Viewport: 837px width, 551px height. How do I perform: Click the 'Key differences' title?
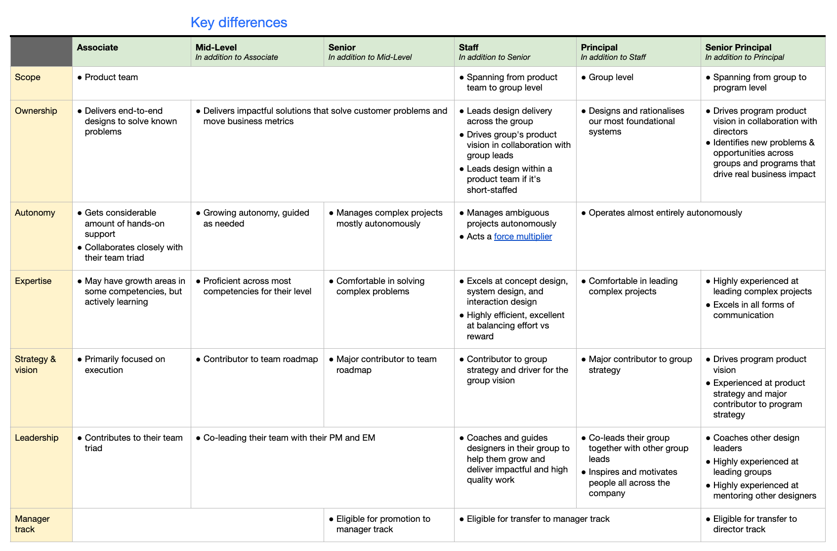click(239, 23)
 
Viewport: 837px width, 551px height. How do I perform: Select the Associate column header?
click(97, 47)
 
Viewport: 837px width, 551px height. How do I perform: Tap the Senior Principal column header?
click(738, 47)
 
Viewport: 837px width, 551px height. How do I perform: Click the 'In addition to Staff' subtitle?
click(613, 57)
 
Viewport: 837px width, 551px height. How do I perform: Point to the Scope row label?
click(28, 77)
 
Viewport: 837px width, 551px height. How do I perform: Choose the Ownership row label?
click(36, 111)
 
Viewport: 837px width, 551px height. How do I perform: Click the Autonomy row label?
click(35, 213)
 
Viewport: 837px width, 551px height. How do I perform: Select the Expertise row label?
click(33, 281)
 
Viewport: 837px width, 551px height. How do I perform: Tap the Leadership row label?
click(37, 438)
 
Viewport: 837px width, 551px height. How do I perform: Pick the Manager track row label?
click(32, 524)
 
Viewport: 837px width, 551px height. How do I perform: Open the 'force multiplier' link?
click(523, 236)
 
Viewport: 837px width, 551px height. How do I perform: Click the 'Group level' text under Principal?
click(611, 77)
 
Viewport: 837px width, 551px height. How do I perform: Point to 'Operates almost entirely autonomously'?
click(665, 213)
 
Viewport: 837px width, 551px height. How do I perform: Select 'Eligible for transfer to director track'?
click(754, 524)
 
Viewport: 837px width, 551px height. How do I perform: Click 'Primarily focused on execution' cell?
click(125, 365)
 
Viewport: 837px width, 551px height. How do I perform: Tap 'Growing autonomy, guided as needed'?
click(256, 218)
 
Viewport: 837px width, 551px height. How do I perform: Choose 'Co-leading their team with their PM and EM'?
click(289, 438)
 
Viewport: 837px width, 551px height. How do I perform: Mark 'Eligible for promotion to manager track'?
click(383, 524)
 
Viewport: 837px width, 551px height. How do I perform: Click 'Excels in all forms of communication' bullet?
click(753, 310)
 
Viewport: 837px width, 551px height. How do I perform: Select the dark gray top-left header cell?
click(42, 52)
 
